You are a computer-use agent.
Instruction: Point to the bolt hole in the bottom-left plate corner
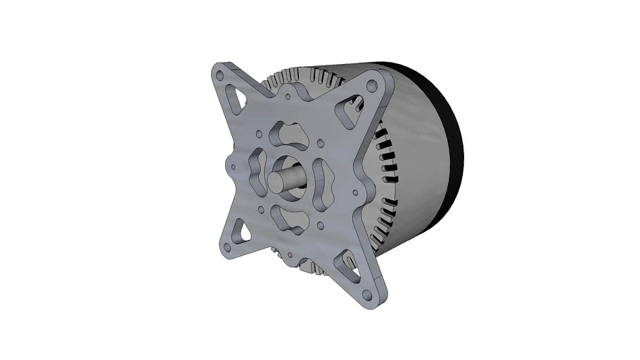[x=227, y=249]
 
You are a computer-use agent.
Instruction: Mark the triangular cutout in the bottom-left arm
[x=240, y=230]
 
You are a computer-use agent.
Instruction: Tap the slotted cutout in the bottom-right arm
[x=346, y=264]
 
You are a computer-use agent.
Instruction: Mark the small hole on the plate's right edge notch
[x=363, y=191]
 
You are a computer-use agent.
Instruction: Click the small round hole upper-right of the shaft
[x=321, y=143]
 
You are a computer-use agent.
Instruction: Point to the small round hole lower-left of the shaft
[x=261, y=209]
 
